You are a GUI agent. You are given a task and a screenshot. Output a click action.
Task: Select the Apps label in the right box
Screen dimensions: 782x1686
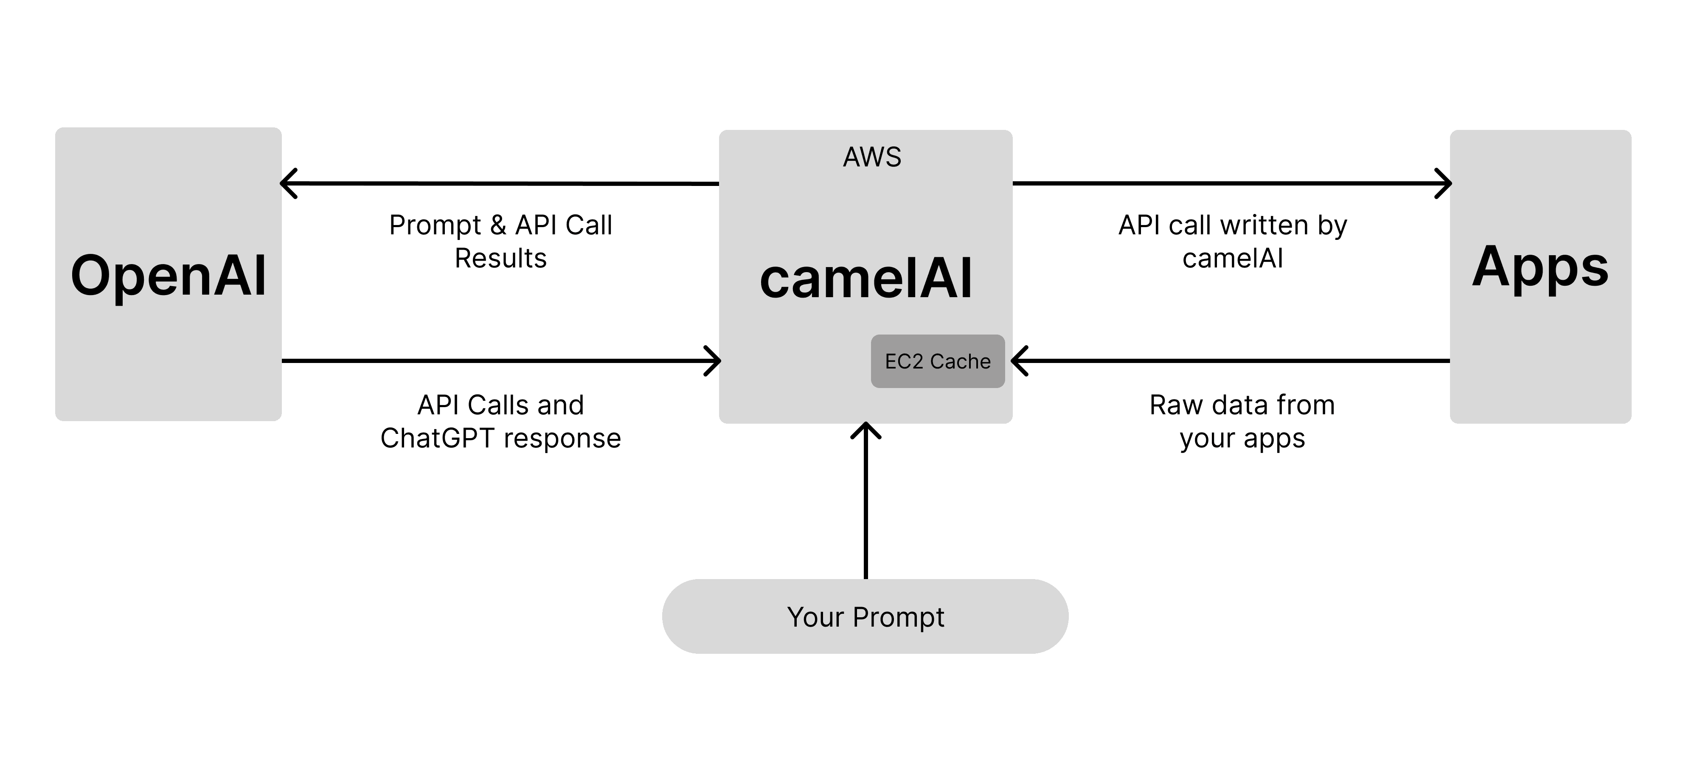point(1540,267)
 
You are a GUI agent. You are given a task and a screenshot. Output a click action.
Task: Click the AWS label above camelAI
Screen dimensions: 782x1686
point(872,157)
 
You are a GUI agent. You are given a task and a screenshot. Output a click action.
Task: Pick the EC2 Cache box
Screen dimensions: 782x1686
point(937,361)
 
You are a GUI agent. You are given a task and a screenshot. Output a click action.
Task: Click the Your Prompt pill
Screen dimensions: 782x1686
point(865,616)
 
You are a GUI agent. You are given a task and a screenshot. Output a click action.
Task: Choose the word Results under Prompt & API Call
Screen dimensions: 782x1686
point(501,259)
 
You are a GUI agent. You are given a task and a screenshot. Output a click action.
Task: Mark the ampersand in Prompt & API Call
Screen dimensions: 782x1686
point(498,225)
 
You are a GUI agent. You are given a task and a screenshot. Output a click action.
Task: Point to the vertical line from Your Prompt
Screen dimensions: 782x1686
point(866,510)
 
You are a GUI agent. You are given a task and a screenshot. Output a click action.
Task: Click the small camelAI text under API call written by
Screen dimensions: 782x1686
point(1232,259)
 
